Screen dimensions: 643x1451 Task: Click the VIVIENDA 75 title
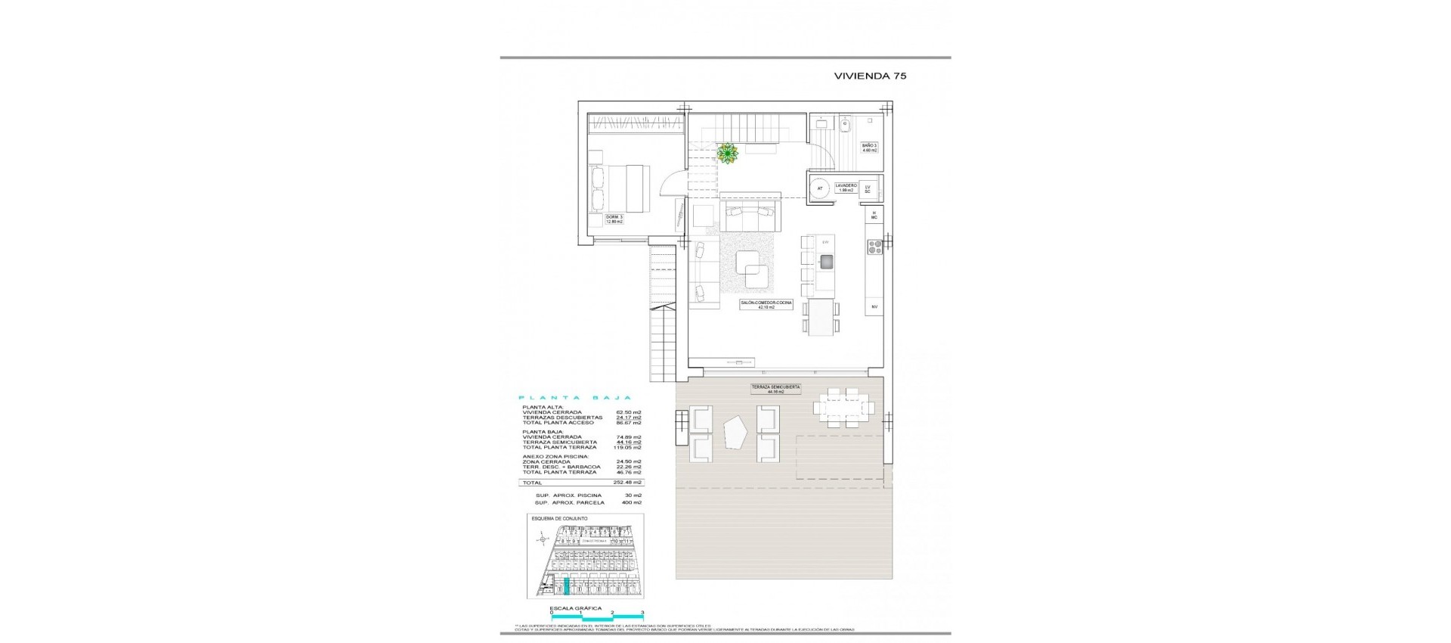point(870,76)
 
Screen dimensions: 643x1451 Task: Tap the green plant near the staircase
point(727,154)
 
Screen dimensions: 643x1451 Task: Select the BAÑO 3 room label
point(870,148)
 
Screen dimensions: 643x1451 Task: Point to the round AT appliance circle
point(819,188)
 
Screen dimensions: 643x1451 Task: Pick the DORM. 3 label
point(614,219)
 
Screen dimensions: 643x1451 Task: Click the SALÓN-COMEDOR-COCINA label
point(766,304)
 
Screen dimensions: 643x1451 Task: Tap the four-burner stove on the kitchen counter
point(874,246)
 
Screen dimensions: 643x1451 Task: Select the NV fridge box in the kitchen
point(874,306)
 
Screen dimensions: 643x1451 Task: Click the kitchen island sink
point(825,262)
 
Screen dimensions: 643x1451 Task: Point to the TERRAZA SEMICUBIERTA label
point(775,389)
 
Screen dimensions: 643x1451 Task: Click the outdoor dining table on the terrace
point(844,408)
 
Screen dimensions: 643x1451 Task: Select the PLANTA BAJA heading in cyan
point(575,398)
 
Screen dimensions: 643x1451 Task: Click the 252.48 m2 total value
point(628,483)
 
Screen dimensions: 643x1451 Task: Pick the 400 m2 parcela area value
point(632,502)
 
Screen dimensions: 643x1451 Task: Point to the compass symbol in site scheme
point(541,539)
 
